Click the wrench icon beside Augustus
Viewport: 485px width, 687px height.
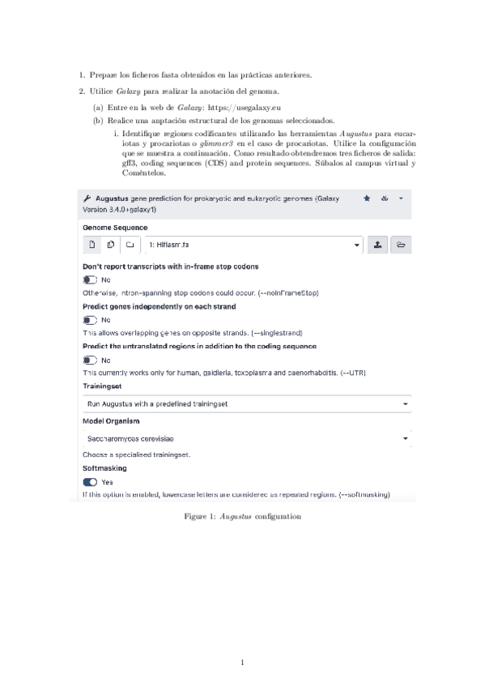pyautogui.click(x=87, y=198)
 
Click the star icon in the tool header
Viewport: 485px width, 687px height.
pyautogui.click(x=367, y=198)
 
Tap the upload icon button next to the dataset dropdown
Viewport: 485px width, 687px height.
pyautogui.click(x=378, y=244)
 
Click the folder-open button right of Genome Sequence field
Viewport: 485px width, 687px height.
pyautogui.click(x=401, y=244)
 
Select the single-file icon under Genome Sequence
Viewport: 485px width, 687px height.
pyautogui.click(x=92, y=244)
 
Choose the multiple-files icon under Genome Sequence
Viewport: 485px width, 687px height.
pyautogui.click(x=111, y=244)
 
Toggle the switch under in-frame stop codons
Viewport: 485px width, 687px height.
pyautogui.click(x=90, y=279)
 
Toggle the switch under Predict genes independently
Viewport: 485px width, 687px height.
pyautogui.click(x=90, y=319)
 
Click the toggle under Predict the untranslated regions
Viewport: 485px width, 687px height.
pyautogui.click(x=90, y=360)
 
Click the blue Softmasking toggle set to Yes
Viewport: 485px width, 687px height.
pyautogui.click(x=90, y=481)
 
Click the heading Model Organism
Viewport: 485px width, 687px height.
pyautogui.click(x=111, y=421)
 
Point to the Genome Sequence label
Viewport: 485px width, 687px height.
pyautogui.click(x=115, y=228)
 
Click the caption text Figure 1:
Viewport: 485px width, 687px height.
pyautogui.click(x=201, y=515)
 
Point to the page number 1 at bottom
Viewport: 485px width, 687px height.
pyautogui.click(x=242, y=664)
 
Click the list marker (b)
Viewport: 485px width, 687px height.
pyautogui.click(x=97, y=120)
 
